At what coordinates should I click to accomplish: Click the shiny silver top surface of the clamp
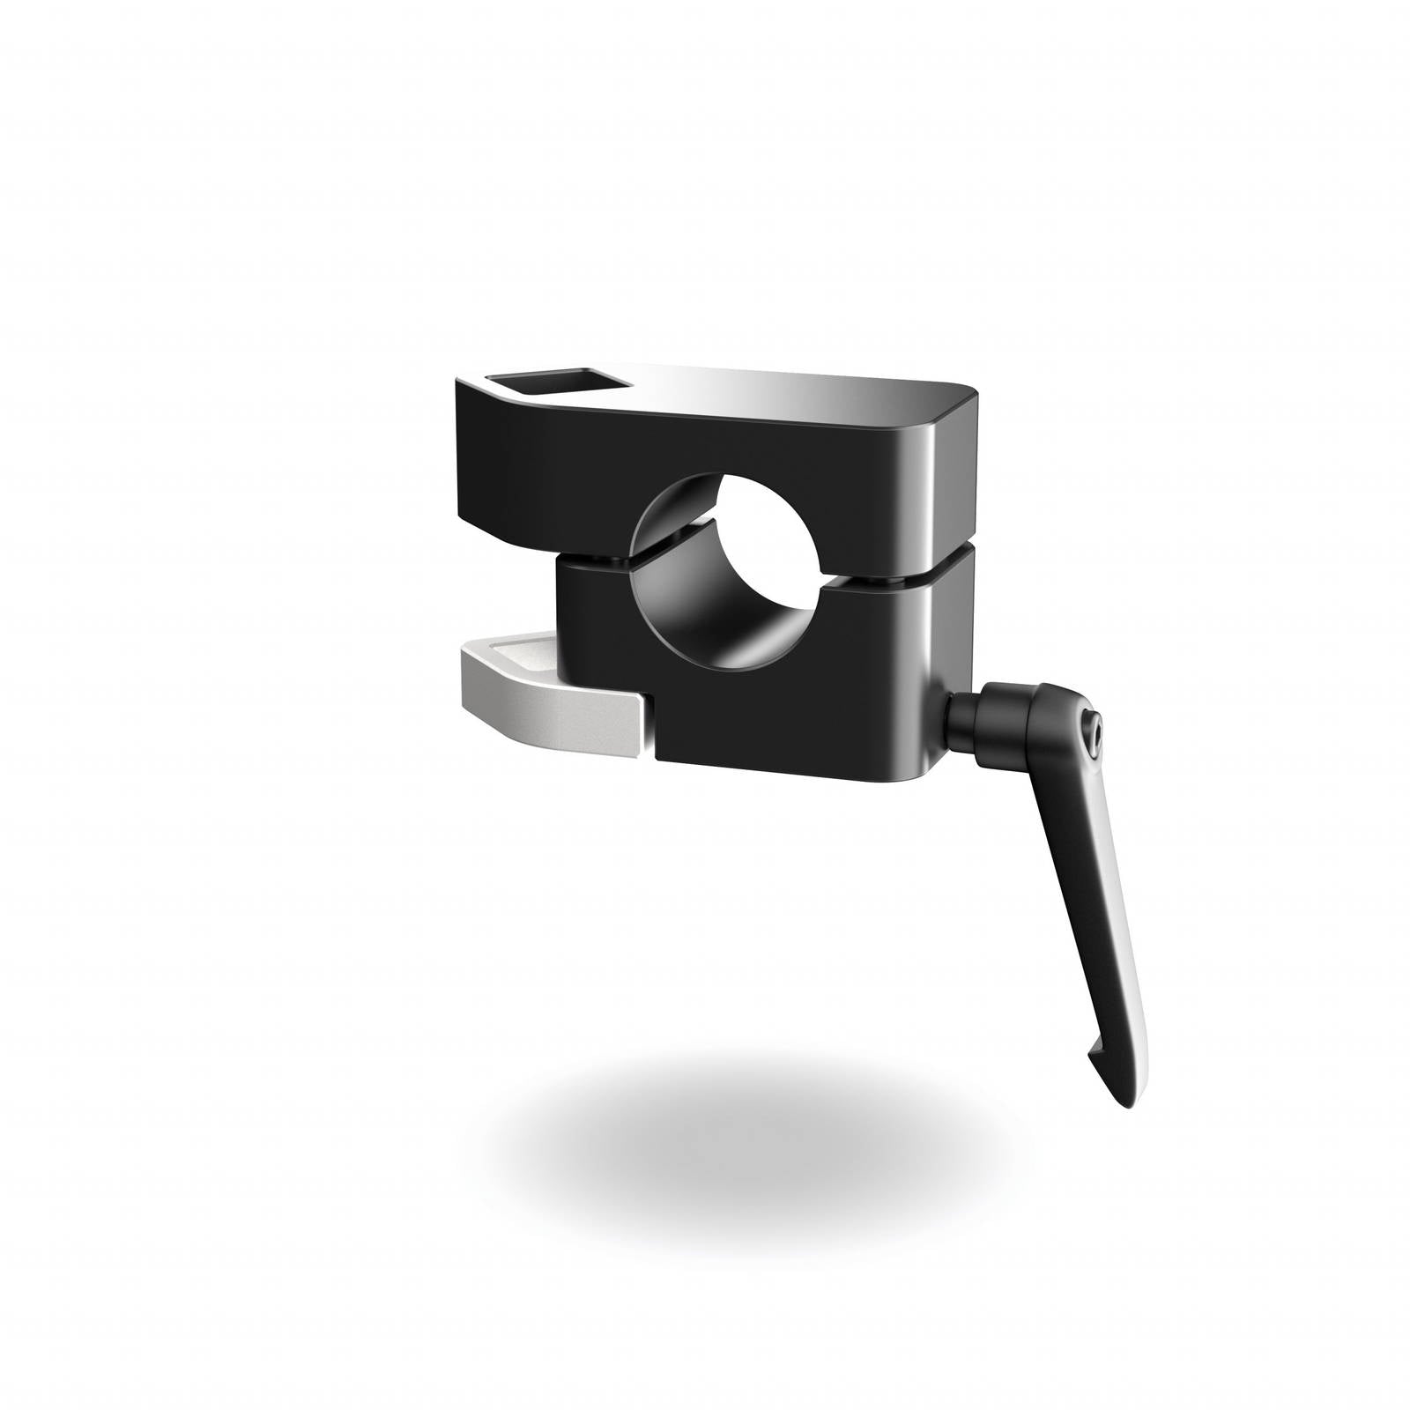(793, 392)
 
